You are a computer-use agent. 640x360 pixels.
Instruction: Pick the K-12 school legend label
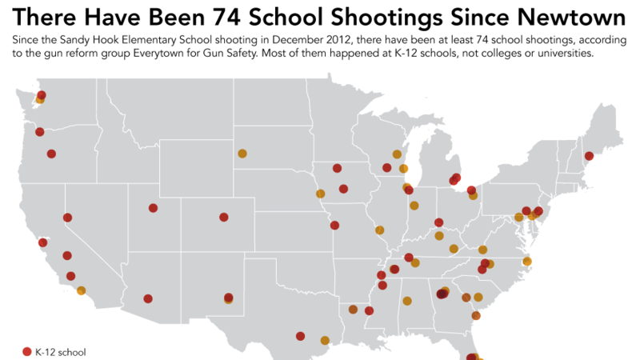click(60, 352)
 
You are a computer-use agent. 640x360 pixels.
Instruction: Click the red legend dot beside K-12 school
click(26, 352)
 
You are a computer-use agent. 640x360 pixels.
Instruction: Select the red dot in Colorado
click(224, 217)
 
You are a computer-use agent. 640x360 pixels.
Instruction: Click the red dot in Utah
click(153, 208)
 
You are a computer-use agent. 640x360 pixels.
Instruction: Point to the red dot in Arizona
click(148, 299)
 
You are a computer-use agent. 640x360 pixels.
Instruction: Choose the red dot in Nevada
click(68, 218)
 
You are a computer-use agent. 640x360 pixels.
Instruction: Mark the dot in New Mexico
click(229, 298)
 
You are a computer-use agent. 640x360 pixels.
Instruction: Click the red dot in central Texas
click(300, 336)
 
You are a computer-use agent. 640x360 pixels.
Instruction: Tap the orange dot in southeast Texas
click(325, 340)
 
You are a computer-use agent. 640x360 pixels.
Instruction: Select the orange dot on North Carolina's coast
click(527, 262)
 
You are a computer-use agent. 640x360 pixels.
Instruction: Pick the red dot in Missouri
click(334, 226)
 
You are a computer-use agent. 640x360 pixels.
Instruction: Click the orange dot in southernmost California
click(81, 290)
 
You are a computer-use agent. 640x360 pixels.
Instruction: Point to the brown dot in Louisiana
click(353, 310)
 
